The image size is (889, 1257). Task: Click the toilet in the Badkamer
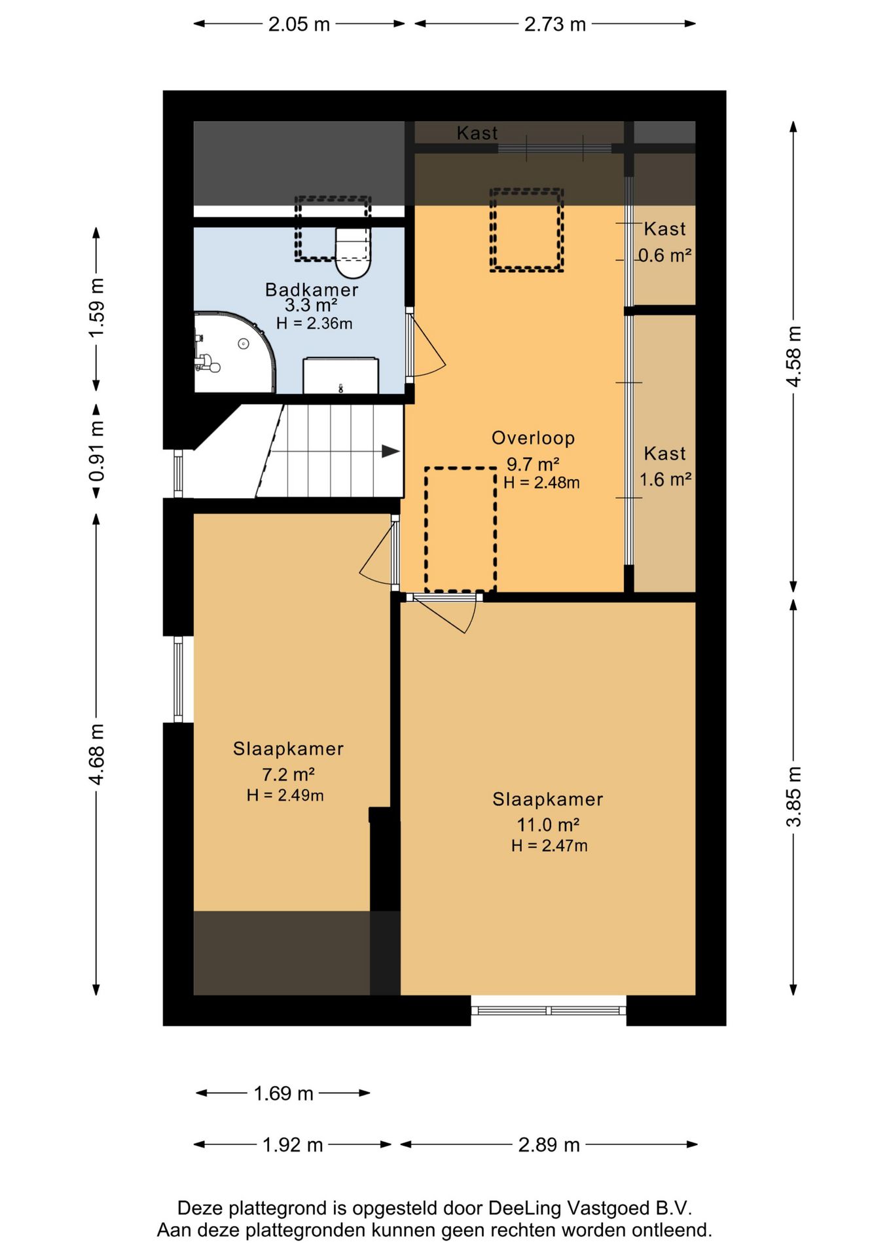point(353,253)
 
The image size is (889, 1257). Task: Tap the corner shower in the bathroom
point(234,352)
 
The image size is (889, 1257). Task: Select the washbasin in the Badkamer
point(340,375)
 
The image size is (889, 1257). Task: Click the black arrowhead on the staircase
point(391,451)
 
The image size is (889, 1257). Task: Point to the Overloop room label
point(533,438)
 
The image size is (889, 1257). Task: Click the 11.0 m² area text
point(548,824)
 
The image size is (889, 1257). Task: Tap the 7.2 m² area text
point(288,774)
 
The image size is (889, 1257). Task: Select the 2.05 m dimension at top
point(299,24)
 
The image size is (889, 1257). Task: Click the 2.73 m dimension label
point(554,24)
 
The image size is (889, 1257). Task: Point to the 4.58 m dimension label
point(793,356)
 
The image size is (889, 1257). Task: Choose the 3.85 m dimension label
point(793,797)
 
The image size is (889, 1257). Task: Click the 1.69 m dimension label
point(283,1093)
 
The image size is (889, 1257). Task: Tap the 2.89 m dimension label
point(549,1145)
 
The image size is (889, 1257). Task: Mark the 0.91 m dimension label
point(97,451)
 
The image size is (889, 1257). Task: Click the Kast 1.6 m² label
point(665,466)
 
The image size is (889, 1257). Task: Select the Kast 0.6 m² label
point(665,242)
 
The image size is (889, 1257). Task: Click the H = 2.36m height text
point(314,323)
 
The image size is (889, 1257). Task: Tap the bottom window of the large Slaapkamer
point(549,1010)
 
